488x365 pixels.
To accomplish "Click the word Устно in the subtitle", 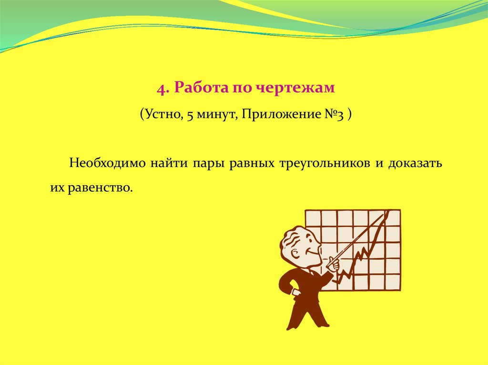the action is click(x=163, y=114).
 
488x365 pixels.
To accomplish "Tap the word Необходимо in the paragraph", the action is click(x=107, y=163).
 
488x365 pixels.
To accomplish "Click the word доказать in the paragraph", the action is click(x=415, y=164).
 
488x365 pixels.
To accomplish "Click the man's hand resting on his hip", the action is click(x=296, y=293).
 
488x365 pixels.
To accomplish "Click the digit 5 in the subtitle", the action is click(x=190, y=116).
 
